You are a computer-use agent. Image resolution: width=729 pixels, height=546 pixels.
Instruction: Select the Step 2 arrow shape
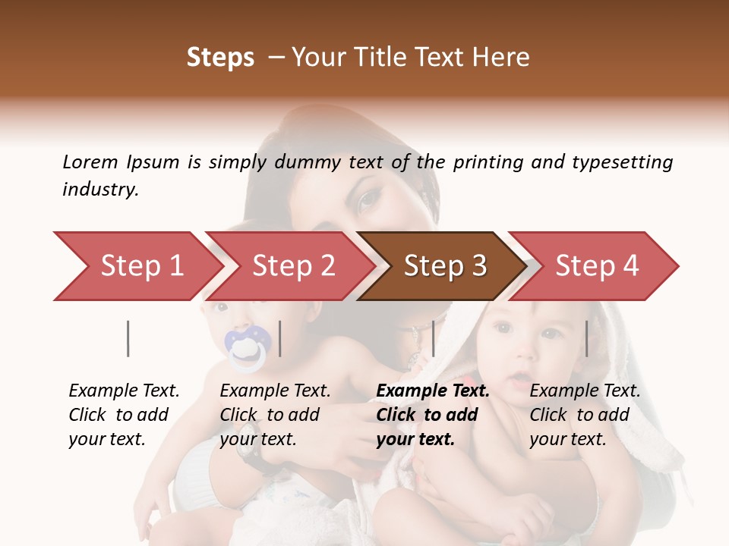point(292,266)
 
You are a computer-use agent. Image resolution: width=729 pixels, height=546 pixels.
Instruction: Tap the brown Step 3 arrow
point(444,266)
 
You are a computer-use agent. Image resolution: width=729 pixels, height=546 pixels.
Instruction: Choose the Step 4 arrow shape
point(596,266)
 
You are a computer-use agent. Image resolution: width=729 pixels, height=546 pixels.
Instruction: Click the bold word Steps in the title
point(220,58)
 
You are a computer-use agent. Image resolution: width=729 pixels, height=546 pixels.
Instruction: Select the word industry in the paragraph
point(99,190)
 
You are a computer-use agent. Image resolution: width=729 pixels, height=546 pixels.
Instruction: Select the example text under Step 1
point(123,415)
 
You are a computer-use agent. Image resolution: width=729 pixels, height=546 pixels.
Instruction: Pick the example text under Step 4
point(584,415)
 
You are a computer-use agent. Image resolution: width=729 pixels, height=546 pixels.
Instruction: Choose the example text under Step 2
point(274,415)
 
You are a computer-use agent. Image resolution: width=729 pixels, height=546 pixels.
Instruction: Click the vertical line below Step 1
point(128,338)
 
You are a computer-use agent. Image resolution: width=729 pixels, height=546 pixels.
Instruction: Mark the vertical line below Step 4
point(586,338)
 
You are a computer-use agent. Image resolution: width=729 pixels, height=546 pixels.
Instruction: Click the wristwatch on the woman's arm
point(249,453)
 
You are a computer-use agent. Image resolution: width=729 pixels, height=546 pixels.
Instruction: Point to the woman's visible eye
point(370,199)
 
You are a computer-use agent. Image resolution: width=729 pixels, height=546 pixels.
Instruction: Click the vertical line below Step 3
point(433,338)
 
